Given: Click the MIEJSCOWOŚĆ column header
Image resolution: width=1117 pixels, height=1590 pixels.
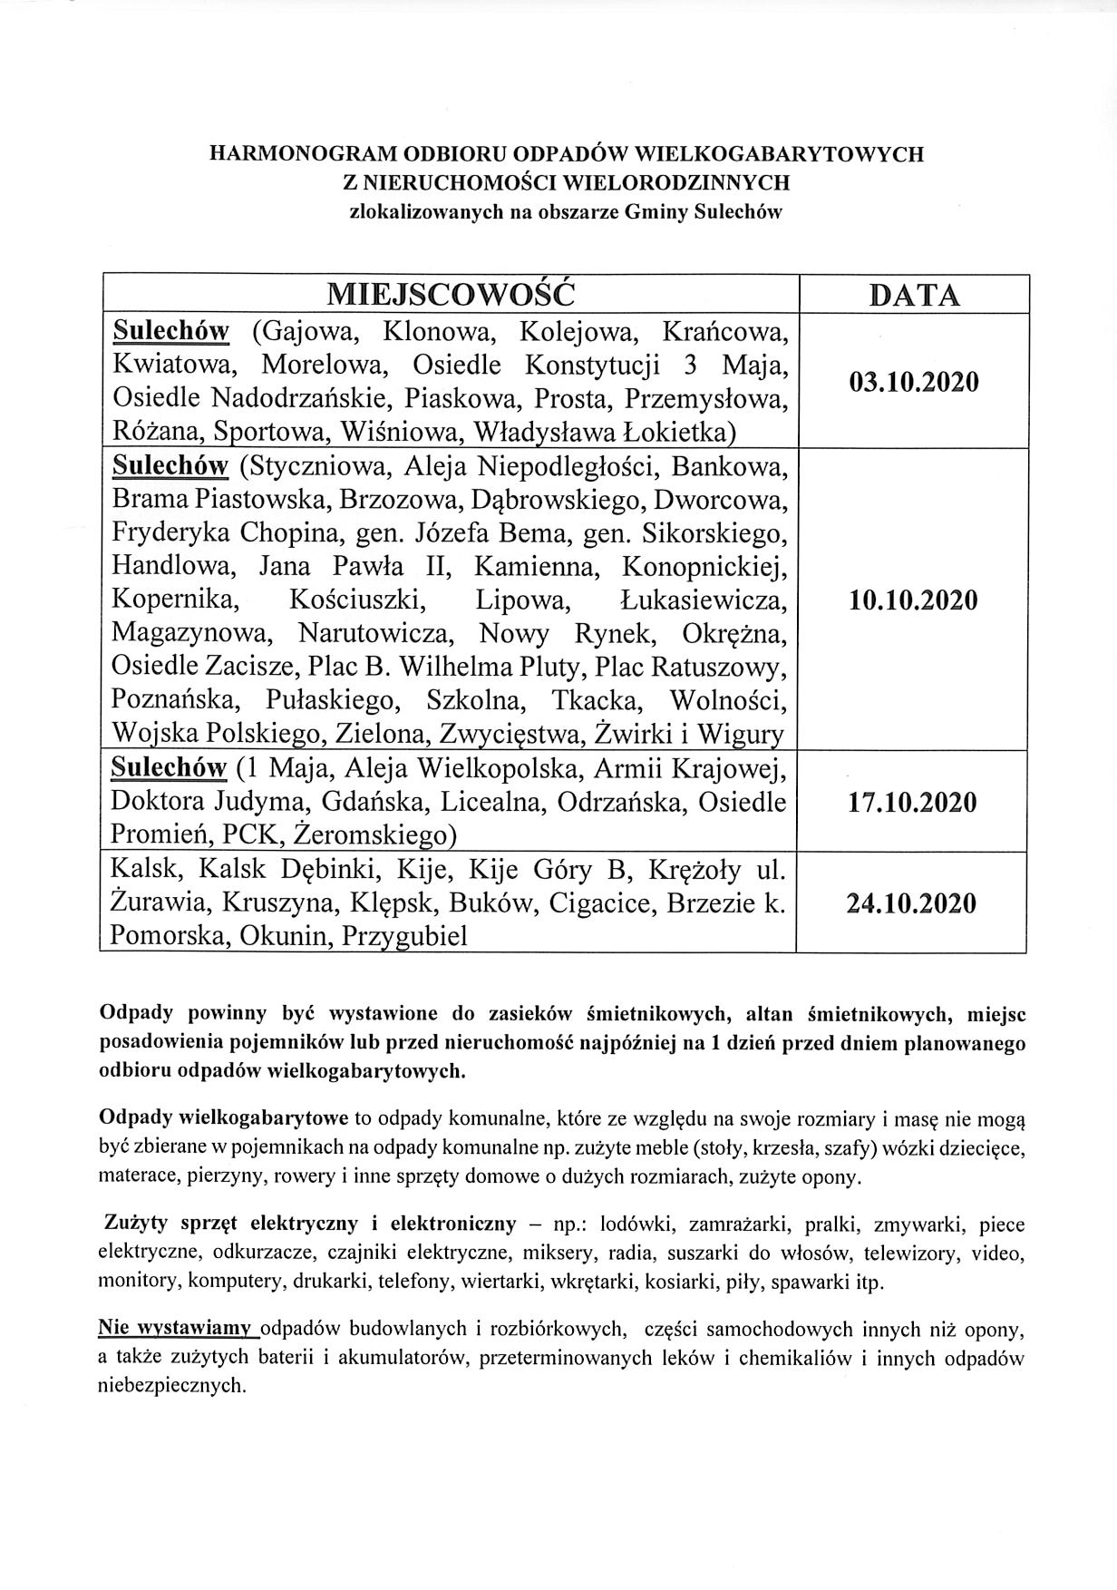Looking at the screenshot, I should point(451,295).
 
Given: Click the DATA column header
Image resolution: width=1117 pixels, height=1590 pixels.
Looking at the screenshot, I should point(913,296).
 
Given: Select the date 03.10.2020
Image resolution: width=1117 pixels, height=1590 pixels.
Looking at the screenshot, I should point(914,382).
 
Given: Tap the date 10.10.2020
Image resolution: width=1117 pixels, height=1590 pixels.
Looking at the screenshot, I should point(913,600).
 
